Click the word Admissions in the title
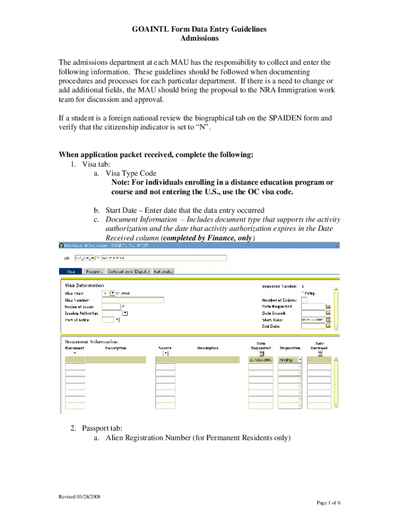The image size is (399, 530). click(199, 38)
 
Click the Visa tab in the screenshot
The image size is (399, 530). click(71, 271)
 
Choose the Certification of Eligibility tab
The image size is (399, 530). click(129, 271)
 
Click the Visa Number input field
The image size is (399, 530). click(133, 300)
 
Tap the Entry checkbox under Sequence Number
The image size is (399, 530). click(303, 293)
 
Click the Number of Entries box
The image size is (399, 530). click(304, 300)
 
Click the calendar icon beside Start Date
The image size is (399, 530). click(328, 320)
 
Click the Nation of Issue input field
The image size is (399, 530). click(111, 306)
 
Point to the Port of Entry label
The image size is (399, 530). click(77, 320)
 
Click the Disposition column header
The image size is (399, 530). click(290, 348)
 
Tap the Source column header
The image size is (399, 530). click(165, 348)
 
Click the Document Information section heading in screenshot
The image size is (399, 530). click(91, 342)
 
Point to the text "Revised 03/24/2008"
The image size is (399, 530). click(79, 496)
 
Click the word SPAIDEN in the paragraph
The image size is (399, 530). click(287, 118)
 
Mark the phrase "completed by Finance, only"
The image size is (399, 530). click(208, 238)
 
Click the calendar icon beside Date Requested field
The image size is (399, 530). click(328, 306)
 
